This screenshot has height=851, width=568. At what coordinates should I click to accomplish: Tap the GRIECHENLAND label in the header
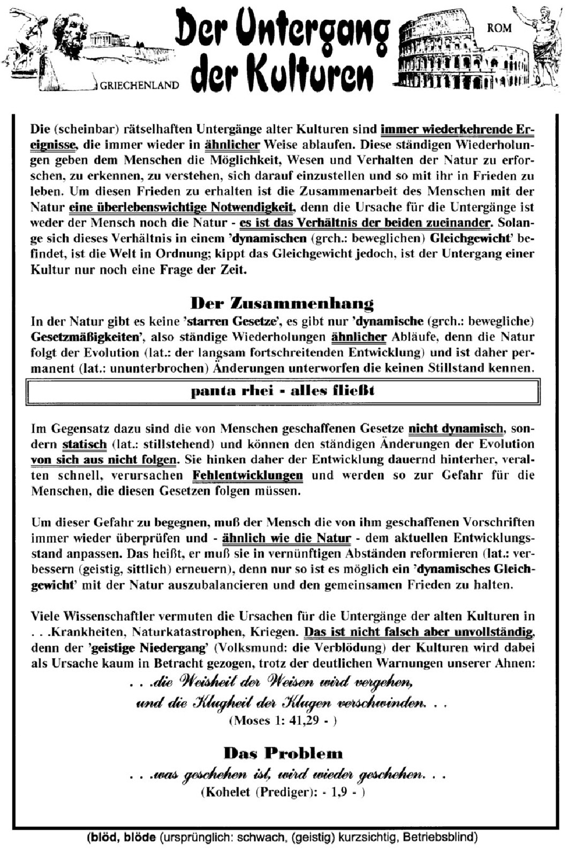click(x=140, y=85)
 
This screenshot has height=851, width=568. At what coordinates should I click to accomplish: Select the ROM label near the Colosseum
click(x=499, y=27)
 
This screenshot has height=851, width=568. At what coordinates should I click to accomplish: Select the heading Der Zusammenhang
click(x=282, y=304)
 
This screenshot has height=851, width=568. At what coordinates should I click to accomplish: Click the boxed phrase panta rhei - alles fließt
click(x=283, y=390)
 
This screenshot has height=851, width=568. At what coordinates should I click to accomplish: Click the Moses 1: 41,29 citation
click(x=283, y=720)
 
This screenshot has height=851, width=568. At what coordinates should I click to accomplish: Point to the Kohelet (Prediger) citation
click(x=283, y=792)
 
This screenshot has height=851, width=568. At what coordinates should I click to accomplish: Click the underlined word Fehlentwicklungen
click(x=247, y=475)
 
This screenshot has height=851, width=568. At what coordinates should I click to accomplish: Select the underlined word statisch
click(x=85, y=444)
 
